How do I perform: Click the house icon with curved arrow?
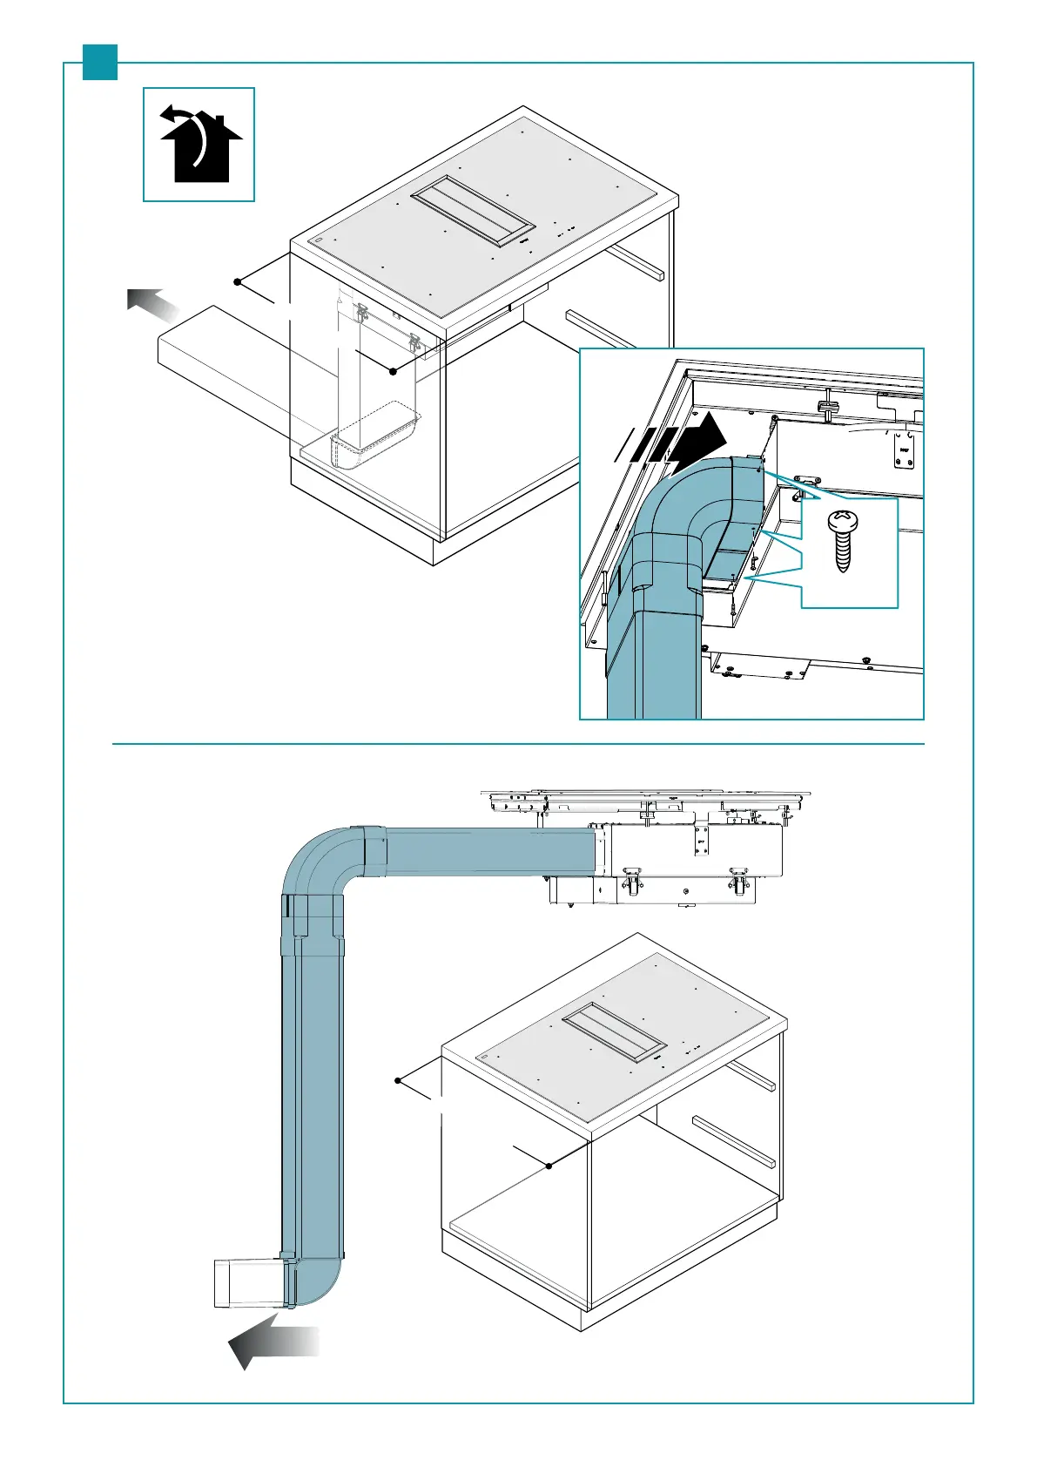point(199,144)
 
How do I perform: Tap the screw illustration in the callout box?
point(841,541)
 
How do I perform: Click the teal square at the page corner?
point(100,62)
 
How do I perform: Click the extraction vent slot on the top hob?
point(473,213)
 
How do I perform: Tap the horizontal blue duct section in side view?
point(488,851)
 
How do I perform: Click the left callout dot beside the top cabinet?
point(237,281)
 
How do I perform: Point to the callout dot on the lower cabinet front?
point(549,1166)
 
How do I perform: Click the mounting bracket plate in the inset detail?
point(903,450)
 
